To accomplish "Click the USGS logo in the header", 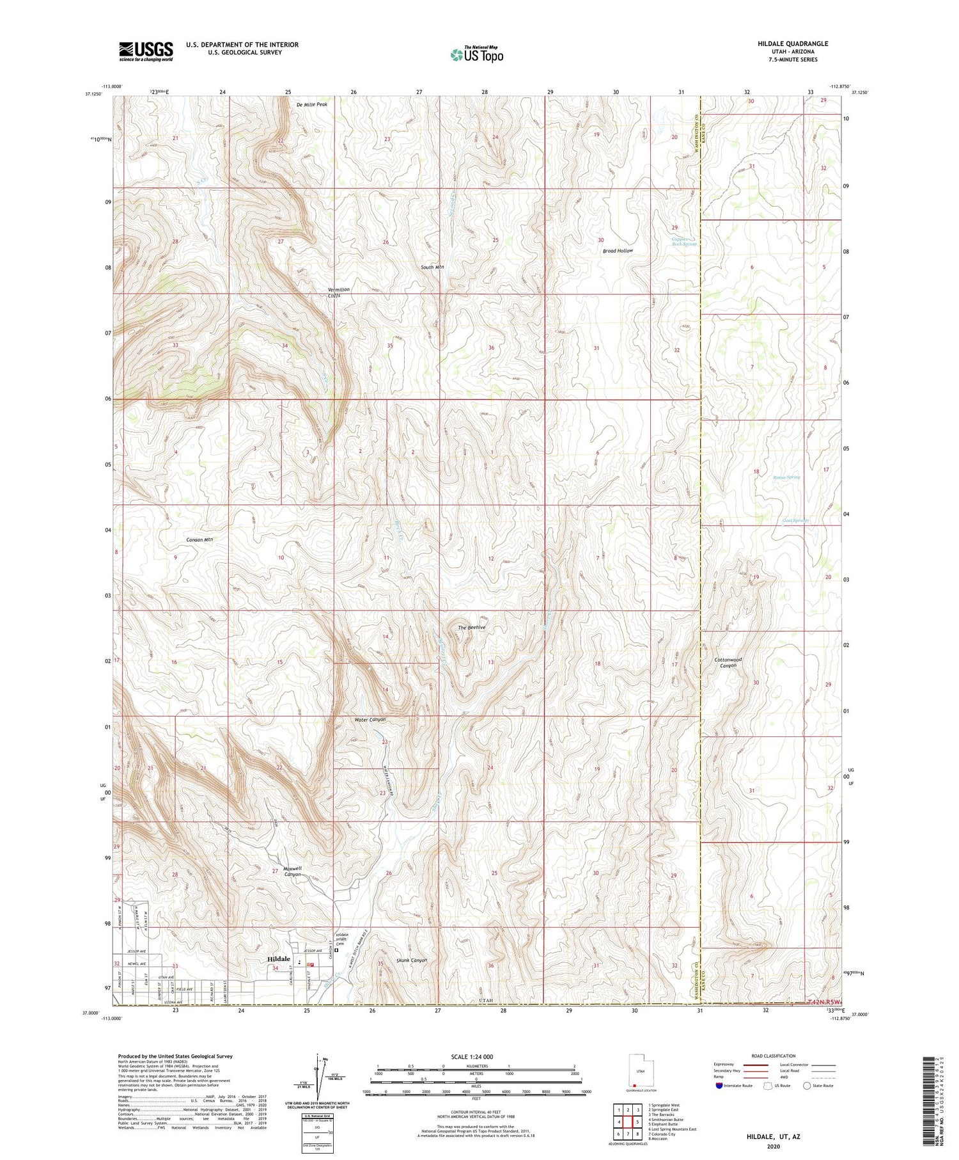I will pyautogui.click(x=146, y=51).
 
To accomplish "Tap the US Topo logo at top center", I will pyautogui.click(x=476, y=54).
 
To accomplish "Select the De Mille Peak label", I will pyautogui.click(x=312, y=104).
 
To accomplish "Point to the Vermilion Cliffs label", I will pyautogui.click(x=338, y=293).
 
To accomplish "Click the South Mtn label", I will pyautogui.click(x=432, y=267).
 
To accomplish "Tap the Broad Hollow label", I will pyautogui.click(x=618, y=251).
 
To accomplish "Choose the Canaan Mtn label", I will pyautogui.click(x=199, y=539).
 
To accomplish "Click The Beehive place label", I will pyautogui.click(x=472, y=628).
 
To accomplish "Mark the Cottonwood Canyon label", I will pyautogui.click(x=726, y=662).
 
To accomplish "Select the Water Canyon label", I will pyautogui.click(x=370, y=720).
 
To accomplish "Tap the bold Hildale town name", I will pyautogui.click(x=279, y=959).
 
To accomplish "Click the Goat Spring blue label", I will pyautogui.click(x=795, y=520).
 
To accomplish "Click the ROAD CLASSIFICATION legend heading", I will pyautogui.click(x=774, y=1056).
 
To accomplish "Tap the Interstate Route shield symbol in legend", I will pyautogui.click(x=719, y=1086).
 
